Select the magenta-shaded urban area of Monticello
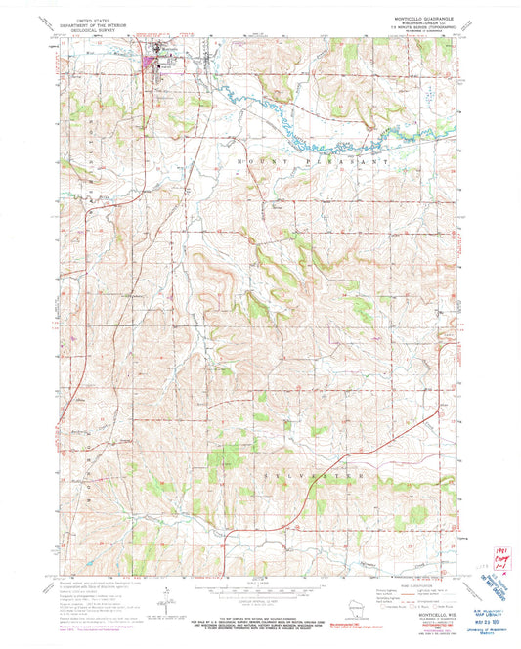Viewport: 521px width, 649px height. tap(151, 65)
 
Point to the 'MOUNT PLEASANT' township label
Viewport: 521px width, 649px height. tap(314, 158)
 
